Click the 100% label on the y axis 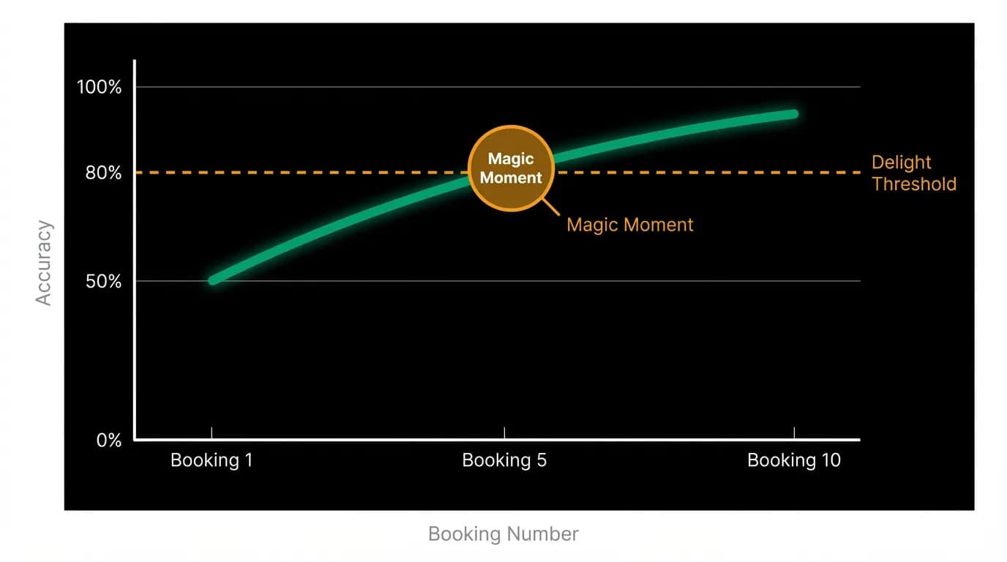[x=99, y=87]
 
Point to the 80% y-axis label [x=103, y=173]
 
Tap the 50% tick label [x=103, y=282]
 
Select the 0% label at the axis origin [x=109, y=440]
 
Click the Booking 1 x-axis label [x=211, y=460]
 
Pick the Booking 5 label [x=504, y=460]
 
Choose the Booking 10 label [x=794, y=460]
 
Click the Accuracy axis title [x=44, y=263]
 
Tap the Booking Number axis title [x=503, y=534]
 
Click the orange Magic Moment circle [x=511, y=168]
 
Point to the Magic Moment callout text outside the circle [x=629, y=225]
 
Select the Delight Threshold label [x=914, y=173]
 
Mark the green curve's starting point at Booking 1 [x=213, y=280]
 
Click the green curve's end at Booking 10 [x=793, y=114]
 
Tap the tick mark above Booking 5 [x=504, y=433]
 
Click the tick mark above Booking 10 [x=794, y=433]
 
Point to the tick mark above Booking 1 [x=211, y=433]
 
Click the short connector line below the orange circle [x=550, y=207]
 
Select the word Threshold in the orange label [x=914, y=184]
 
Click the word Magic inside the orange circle [x=511, y=159]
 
